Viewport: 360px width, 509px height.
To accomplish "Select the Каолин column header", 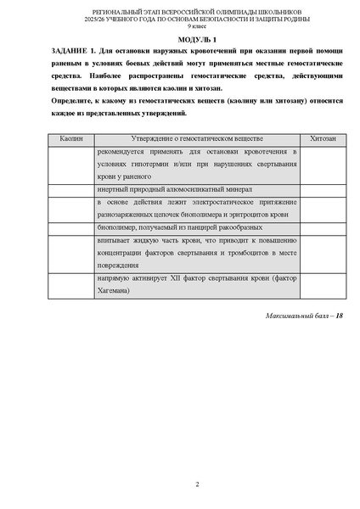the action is (71, 137).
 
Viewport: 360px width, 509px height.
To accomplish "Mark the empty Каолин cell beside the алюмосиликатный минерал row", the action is (71, 189).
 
